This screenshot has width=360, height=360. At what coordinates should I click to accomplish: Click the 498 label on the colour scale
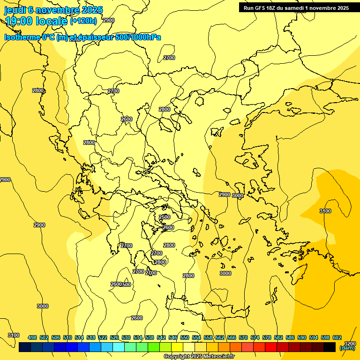pyautogui.click(x=32, y=337)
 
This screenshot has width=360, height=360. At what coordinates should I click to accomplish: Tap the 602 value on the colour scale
pyautogui.click(x=337, y=337)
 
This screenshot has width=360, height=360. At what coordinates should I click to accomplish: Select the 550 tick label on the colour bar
pyautogui.click(x=185, y=337)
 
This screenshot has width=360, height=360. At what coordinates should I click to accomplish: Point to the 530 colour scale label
pyautogui.click(x=126, y=337)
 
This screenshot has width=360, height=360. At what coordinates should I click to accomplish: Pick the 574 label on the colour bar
pyautogui.click(x=255, y=337)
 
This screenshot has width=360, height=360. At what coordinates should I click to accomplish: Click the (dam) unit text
pyautogui.click(x=347, y=348)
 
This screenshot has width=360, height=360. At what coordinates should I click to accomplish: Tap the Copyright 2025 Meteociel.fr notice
pyautogui.click(x=199, y=357)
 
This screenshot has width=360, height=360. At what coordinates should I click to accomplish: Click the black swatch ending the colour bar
pyautogui.click(x=330, y=347)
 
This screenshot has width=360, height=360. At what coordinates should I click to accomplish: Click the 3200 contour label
pyautogui.click(x=349, y=343)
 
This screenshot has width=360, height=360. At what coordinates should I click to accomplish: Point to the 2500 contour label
pyautogui.click(x=165, y=217)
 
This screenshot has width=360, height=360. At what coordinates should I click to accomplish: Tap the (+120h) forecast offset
pyautogui.click(x=83, y=21)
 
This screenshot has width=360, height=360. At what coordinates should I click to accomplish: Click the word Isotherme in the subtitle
pyautogui.click(x=22, y=37)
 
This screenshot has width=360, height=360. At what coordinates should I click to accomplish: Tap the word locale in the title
pyautogui.click(x=51, y=21)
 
